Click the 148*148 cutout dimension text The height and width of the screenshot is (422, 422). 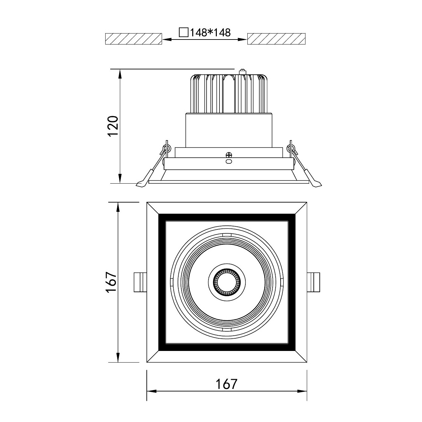210,33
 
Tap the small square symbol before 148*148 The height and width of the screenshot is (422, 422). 184,32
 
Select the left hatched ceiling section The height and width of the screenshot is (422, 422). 133,39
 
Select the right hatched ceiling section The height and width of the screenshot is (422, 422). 276,39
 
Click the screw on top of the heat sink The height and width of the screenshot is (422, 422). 242,72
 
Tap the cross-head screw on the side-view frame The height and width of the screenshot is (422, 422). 229,155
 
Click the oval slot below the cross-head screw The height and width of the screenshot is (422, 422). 229,162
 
